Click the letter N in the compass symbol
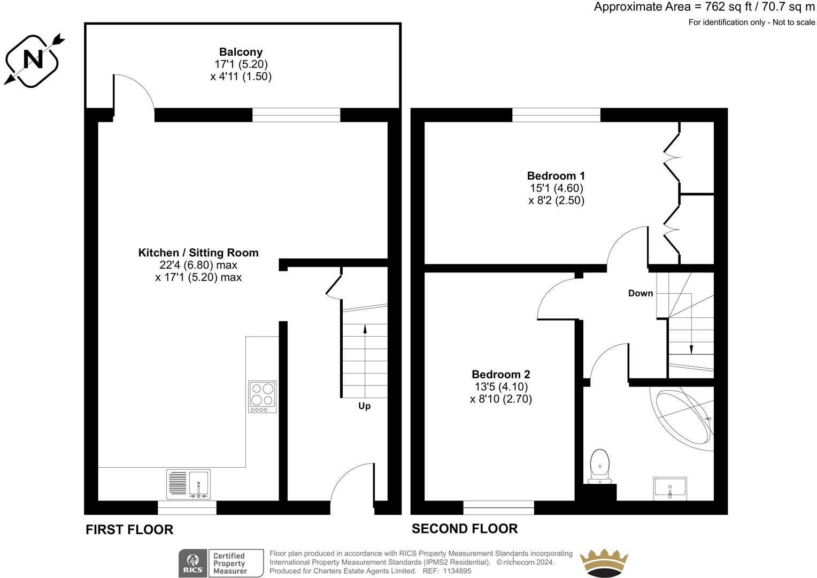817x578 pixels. (x=33, y=59)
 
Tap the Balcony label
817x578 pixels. (x=241, y=52)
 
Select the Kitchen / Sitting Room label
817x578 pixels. (x=198, y=253)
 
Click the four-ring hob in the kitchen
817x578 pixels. (x=262, y=397)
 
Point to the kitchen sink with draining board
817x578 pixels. (x=188, y=484)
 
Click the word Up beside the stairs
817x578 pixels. (x=364, y=406)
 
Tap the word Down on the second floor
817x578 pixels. (x=641, y=293)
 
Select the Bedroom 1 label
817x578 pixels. (x=556, y=176)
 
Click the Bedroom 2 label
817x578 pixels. (x=501, y=374)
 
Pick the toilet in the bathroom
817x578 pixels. (x=600, y=466)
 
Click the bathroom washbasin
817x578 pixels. (x=670, y=489)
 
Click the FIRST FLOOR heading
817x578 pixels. (x=129, y=530)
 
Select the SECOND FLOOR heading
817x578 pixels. (x=465, y=529)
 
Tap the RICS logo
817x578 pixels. (x=193, y=563)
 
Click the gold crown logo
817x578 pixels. (x=604, y=562)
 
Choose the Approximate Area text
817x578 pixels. (x=704, y=7)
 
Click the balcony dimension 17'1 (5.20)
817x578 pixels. (x=241, y=64)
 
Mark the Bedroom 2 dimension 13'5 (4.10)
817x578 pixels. (x=501, y=387)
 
